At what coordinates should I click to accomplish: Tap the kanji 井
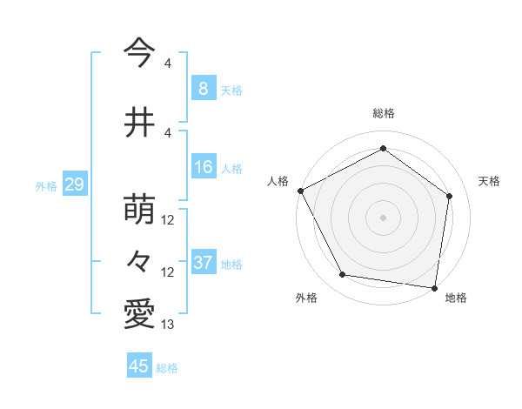138,121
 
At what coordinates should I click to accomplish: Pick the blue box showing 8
203,88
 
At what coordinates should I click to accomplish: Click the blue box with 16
203,167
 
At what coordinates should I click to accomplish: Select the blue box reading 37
203,263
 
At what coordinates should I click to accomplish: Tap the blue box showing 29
73,184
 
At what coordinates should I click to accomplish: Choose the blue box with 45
139,366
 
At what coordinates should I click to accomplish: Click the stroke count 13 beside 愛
168,325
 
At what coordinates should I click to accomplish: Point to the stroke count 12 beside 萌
168,220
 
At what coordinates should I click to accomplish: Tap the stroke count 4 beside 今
167,64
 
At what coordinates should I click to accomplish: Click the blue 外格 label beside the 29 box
46,185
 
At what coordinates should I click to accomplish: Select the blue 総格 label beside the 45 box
168,367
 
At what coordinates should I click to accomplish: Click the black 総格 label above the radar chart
383,113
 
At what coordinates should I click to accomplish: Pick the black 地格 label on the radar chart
456,298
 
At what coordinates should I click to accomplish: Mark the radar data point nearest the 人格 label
300,191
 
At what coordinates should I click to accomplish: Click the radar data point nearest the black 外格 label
343,275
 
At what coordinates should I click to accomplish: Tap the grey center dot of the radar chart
383,217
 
